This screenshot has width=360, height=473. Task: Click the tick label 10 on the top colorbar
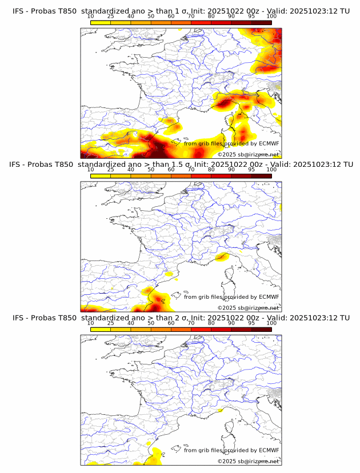tap(91, 16)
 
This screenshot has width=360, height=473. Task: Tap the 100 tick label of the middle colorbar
tap(271, 170)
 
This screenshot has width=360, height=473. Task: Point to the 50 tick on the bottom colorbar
tap(151, 323)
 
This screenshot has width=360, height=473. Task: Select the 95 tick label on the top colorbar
tap(251, 16)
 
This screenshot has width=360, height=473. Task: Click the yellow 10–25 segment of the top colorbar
tap(101, 22)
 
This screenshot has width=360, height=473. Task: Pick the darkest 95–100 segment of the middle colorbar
tap(261, 176)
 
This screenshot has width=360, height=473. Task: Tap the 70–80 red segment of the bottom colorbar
tap(201, 330)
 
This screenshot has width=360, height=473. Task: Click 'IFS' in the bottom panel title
tap(19, 318)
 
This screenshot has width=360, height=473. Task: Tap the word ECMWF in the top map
tap(269, 143)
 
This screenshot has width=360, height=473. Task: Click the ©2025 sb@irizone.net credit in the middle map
tap(248, 308)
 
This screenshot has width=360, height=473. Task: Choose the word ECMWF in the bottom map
tap(269, 451)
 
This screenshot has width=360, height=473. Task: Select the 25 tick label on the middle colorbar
tap(111, 170)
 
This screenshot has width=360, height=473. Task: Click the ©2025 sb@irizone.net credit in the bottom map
tap(248, 461)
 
